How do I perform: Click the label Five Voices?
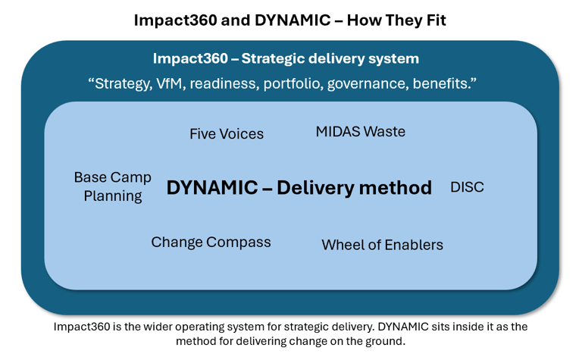[x=227, y=134]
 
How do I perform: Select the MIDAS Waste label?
[x=361, y=132]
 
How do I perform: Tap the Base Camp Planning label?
[x=113, y=186]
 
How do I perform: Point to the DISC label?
[x=467, y=186]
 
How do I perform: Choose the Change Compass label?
[x=211, y=243]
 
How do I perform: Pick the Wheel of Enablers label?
[x=382, y=245]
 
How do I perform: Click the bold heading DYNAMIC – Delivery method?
[x=299, y=188]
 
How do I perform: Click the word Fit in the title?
[x=435, y=20]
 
